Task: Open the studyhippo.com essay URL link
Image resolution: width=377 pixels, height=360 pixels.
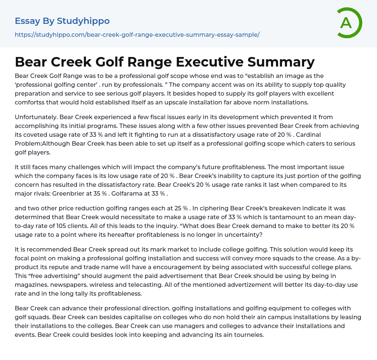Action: point(137,35)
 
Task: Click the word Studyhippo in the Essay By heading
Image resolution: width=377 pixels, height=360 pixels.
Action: point(83,21)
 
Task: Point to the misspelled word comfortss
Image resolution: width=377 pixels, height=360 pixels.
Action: point(31,102)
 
